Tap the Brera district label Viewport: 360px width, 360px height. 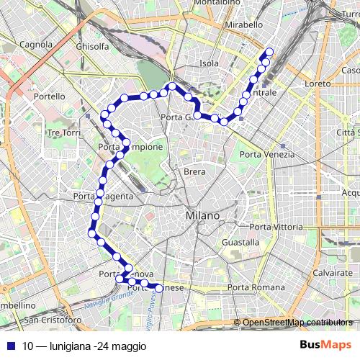194,172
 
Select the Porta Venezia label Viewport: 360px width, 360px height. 267,154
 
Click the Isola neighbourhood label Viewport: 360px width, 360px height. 209,63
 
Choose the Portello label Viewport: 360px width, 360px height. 49,96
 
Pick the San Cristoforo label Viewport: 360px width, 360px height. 53,319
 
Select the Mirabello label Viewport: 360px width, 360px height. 244,24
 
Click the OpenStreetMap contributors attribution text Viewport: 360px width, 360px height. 297,323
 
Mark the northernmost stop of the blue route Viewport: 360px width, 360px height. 270,51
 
